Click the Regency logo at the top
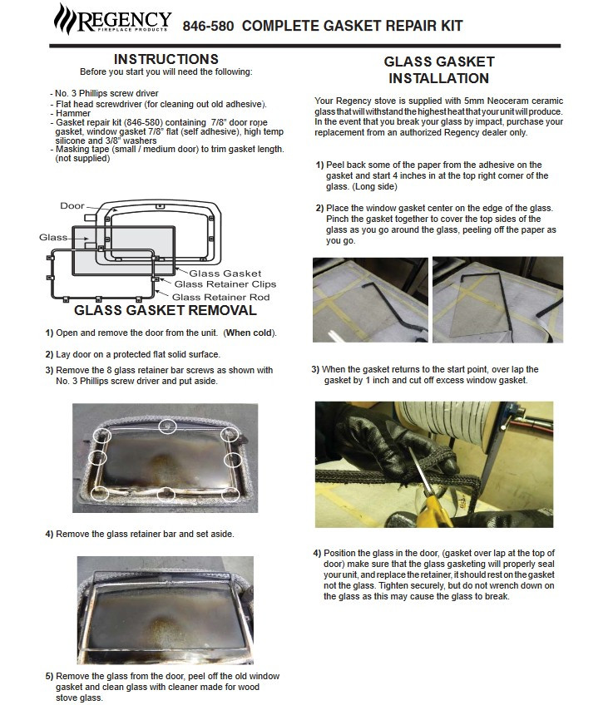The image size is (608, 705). click(112, 19)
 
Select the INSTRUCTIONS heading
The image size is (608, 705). click(166, 59)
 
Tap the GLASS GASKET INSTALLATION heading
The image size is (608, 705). click(438, 70)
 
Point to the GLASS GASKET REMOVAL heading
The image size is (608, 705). click(166, 311)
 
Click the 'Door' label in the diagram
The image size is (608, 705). click(72, 205)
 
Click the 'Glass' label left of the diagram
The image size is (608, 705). click(52, 237)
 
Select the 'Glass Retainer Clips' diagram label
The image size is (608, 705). click(224, 284)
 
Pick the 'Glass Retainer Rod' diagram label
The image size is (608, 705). click(221, 296)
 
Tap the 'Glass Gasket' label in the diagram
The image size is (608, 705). click(225, 273)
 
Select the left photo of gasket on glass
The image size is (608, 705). click(369, 298)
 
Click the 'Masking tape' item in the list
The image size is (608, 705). click(78, 149)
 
